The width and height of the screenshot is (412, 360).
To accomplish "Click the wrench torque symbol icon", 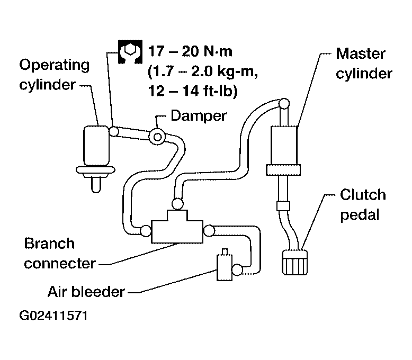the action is pos(130,52).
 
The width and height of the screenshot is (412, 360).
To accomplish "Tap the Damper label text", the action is pos(199,115).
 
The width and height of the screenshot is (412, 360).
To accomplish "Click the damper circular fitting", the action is pos(157,137).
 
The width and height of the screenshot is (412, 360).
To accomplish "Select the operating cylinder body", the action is pos(96,146).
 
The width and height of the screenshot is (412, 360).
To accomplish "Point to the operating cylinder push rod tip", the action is pos(96,191).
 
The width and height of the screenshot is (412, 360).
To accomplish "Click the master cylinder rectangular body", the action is pos(284,145).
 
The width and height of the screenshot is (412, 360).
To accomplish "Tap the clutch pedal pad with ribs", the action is pos(294,262).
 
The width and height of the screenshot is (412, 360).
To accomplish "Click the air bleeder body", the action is pos(225,267).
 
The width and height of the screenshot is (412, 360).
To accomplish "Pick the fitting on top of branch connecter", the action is pos(177,204).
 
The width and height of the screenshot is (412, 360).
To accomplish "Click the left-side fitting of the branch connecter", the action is pos(146,231).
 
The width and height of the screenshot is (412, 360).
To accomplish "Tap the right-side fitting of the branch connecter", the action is pos(209,231).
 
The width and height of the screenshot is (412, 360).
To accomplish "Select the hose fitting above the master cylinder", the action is pos(284,103).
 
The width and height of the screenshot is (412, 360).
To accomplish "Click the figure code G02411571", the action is pos(53,316).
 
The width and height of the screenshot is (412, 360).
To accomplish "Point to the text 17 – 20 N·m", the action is pos(190,51).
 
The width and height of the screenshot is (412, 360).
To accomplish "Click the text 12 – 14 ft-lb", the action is pos(193,91).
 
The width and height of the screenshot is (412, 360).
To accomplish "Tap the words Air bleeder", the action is pos(86,292).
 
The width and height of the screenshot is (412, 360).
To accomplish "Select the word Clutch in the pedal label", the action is pos(363,195).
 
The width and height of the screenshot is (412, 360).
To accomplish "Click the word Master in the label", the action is pos(360,53).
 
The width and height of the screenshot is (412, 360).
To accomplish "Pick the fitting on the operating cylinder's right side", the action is pos(114,131).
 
